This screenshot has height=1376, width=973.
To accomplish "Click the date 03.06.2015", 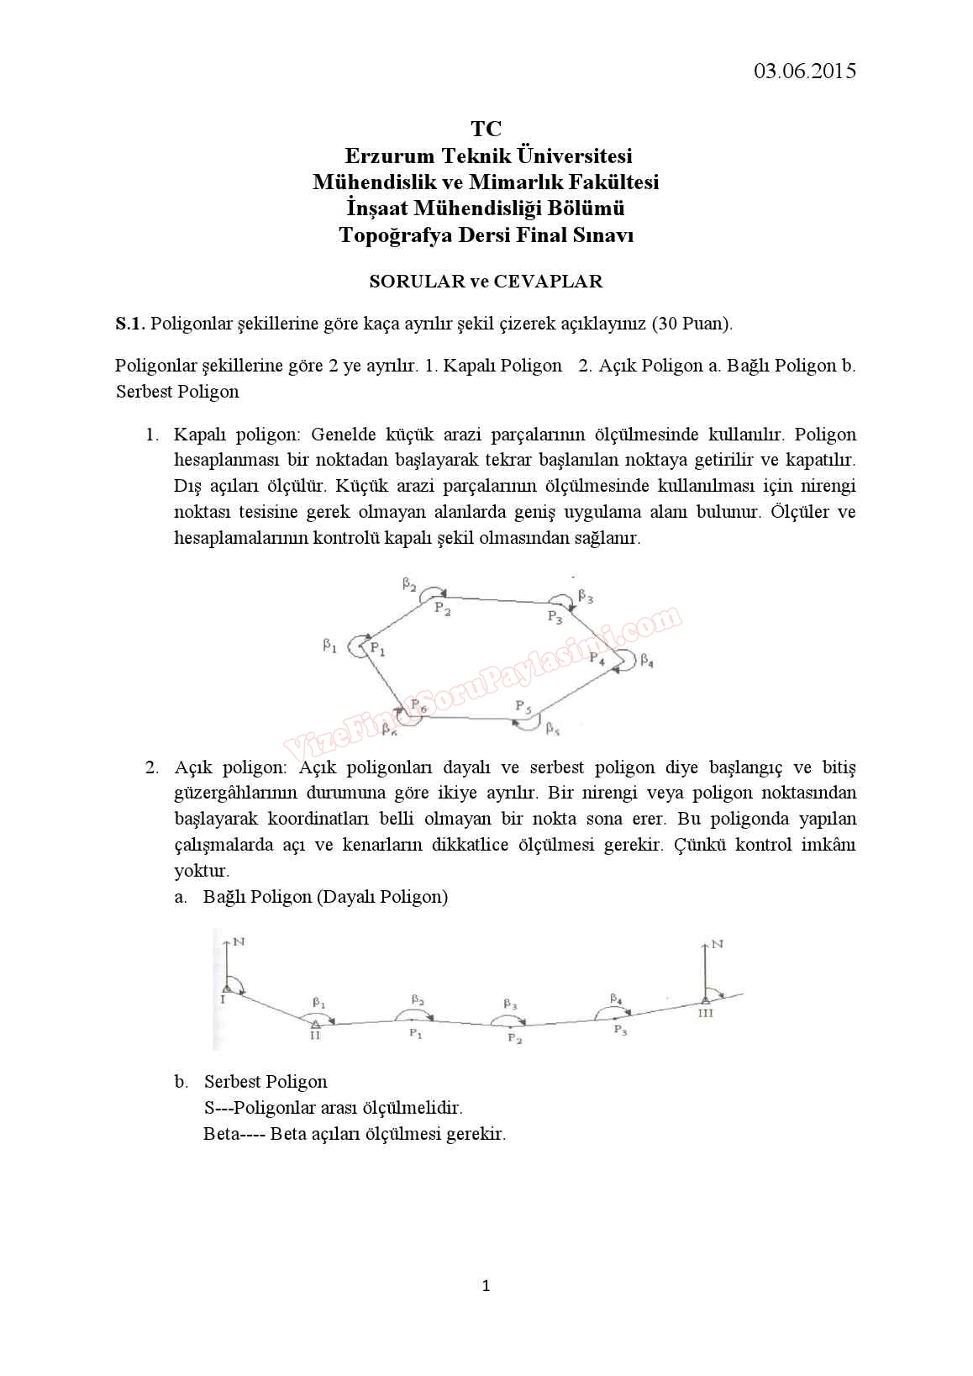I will click(804, 71).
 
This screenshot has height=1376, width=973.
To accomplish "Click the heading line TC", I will click(486, 129).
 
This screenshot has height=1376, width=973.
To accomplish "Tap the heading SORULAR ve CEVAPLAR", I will click(486, 282).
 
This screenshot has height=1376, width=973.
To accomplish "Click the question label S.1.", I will click(130, 324).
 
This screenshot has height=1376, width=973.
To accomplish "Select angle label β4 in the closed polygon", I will click(646, 661).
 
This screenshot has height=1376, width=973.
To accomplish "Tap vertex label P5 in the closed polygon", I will click(523, 707).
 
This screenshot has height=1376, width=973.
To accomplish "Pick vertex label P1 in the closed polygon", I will click(378, 649).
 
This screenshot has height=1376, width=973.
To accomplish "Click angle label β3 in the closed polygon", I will click(586, 598).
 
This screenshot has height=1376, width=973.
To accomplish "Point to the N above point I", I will click(239, 942).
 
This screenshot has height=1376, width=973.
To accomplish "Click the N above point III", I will click(717, 944).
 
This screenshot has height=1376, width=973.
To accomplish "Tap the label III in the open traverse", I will click(705, 1013).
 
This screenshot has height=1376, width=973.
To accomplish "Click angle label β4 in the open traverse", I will click(616, 999).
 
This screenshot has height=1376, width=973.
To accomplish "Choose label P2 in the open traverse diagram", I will click(514, 1040).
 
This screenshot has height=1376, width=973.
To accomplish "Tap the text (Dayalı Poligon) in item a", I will click(382, 897).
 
